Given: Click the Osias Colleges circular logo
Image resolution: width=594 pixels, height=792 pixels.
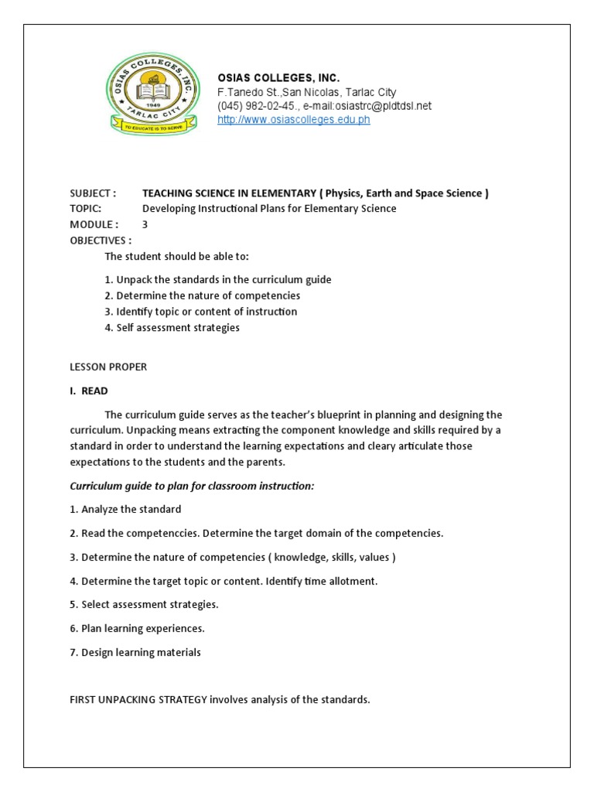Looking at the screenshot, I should click(x=152, y=93).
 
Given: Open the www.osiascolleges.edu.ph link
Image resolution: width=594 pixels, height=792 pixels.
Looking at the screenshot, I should click(x=293, y=120).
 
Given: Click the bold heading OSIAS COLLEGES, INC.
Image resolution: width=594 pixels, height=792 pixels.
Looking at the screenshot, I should click(x=278, y=78).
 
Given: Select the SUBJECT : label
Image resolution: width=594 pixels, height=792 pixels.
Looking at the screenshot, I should click(x=93, y=193).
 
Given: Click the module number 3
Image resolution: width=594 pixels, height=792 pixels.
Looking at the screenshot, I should click(x=145, y=224).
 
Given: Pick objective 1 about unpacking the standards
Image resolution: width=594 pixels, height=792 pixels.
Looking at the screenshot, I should click(x=218, y=279).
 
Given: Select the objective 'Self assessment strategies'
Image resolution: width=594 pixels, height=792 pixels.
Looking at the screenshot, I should click(x=172, y=327).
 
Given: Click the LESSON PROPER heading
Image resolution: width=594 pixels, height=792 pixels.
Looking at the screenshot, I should click(x=108, y=367).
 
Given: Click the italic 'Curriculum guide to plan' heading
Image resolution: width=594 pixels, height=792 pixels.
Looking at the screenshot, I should click(x=192, y=486).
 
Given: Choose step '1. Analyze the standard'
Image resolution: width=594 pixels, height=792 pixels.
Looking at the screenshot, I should click(x=125, y=509).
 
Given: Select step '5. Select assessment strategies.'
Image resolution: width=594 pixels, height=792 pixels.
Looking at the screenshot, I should click(x=144, y=604).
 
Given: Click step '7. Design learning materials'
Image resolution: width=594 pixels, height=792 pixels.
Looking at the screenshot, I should click(x=135, y=652).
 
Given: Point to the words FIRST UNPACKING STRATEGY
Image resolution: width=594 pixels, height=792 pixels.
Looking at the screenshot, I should click(x=138, y=700).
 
